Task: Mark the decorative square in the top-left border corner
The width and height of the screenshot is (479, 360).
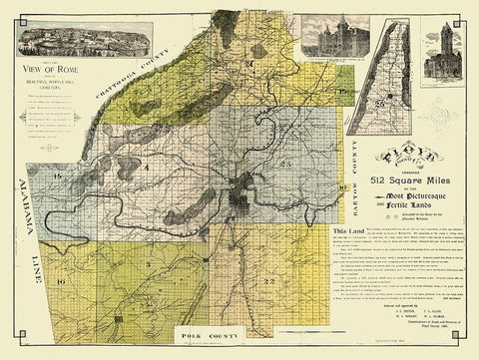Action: pos(8,7)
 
